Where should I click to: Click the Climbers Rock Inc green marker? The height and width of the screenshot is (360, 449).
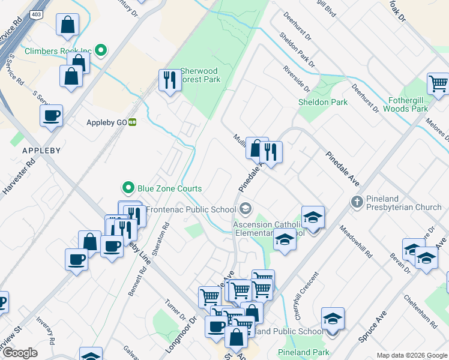(x=101, y=51)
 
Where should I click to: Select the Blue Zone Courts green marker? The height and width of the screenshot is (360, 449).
(x=127, y=188)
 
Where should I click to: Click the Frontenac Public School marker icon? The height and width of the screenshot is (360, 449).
(x=245, y=209)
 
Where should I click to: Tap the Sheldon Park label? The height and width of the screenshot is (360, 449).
(x=323, y=102)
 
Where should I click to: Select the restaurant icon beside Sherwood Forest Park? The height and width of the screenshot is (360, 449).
(x=169, y=79)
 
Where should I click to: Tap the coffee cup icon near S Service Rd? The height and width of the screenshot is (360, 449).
(x=52, y=115)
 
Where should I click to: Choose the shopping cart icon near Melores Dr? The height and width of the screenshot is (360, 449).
(x=438, y=83)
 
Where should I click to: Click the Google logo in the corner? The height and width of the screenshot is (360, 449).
(x=20, y=353)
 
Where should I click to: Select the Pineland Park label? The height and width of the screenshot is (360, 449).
(x=303, y=352)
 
